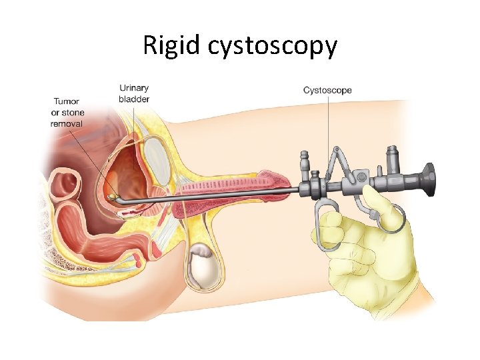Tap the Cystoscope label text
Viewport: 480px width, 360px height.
coord(327,90)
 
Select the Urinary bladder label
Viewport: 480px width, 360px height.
coord(134,93)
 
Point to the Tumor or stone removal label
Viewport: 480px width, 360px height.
coord(67,112)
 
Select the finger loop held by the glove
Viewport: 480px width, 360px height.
coord(326,227)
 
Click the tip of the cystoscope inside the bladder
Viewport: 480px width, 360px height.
coord(112,197)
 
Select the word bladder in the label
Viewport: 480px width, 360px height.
coord(134,99)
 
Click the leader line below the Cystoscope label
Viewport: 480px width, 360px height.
coord(328,133)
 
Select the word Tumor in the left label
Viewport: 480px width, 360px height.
coord(67,102)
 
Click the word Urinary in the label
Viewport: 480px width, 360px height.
coord(134,88)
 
